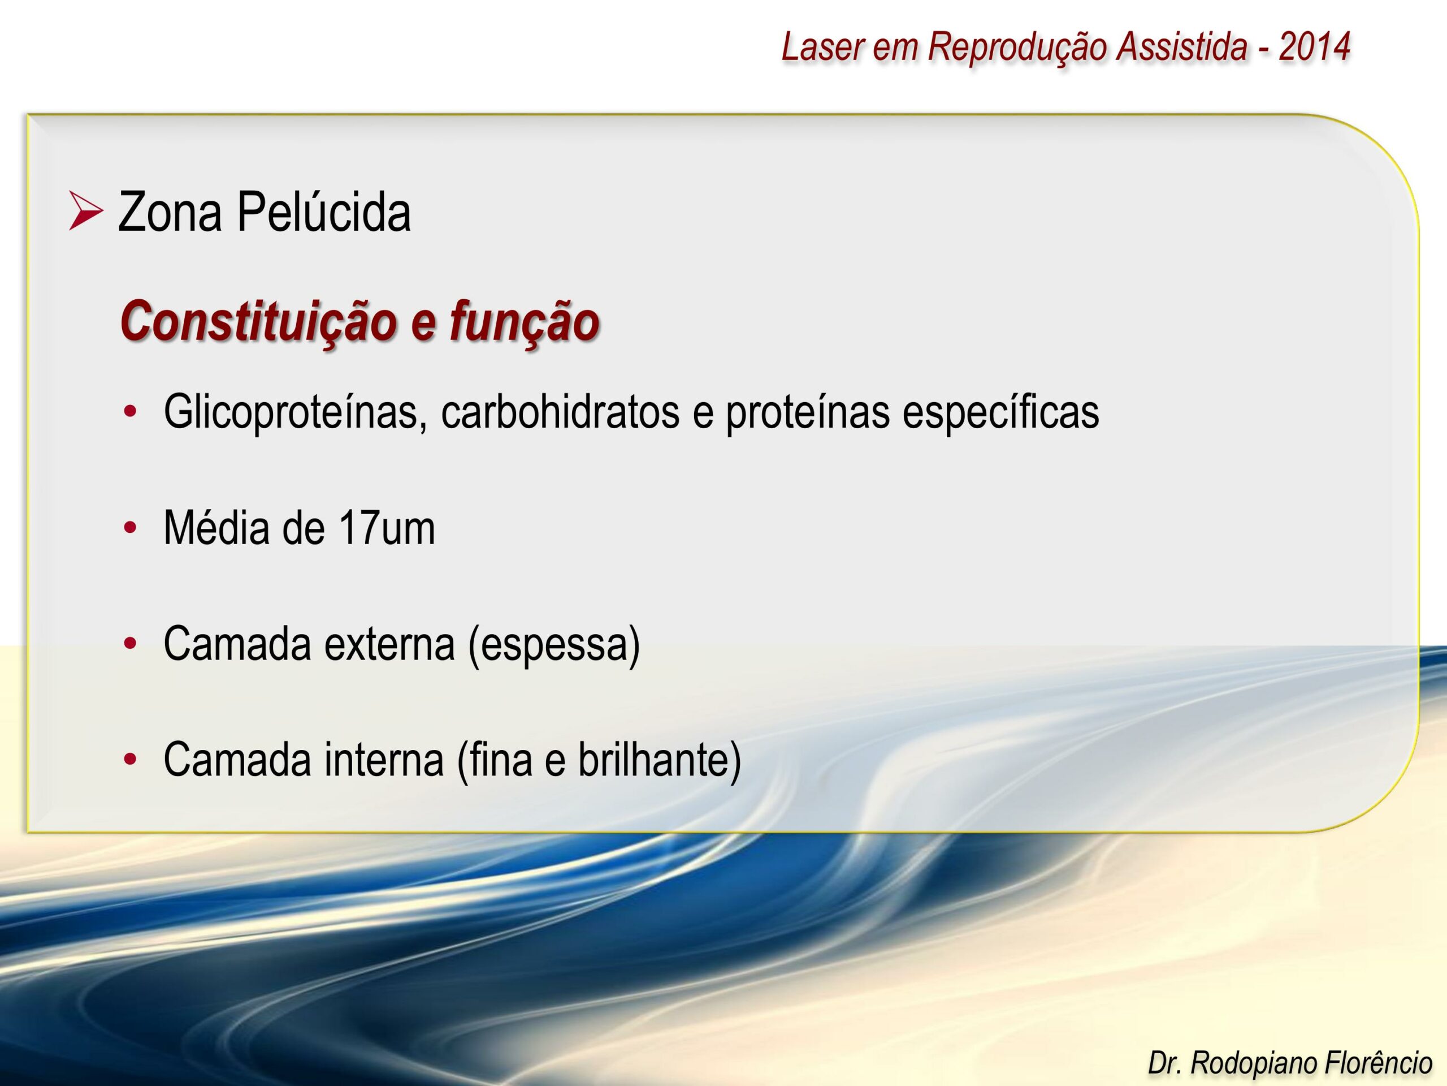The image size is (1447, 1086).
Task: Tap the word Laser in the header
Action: click(822, 46)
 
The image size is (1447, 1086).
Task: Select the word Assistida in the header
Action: click(1181, 46)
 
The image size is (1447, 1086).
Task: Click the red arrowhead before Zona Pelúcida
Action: click(86, 211)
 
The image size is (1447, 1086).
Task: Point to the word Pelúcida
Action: click(324, 212)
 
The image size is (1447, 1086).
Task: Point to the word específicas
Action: click(1001, 412)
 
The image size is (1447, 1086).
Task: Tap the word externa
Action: click(389, 644)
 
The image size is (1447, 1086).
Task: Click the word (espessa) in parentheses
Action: click(554, 645)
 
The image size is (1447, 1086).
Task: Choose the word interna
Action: click(385, 760)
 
